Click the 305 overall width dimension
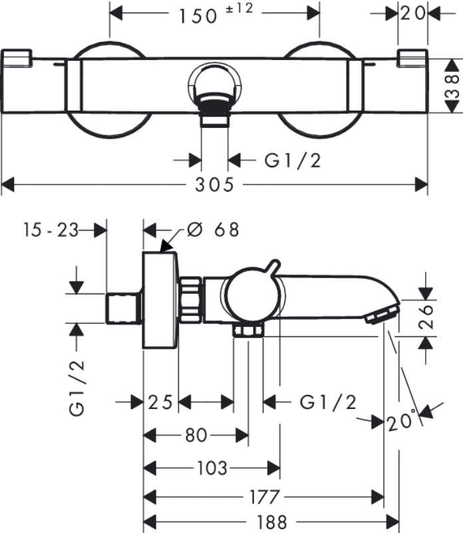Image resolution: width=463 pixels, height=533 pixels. coord(214,186)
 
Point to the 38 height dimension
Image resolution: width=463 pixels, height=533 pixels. coord(453,87)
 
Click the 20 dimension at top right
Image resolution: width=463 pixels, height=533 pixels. coord(413,13)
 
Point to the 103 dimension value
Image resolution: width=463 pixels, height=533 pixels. coord(212,468)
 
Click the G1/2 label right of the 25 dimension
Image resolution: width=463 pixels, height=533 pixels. coord(328,402)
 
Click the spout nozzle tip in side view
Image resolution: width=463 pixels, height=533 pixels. coord(381,313)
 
